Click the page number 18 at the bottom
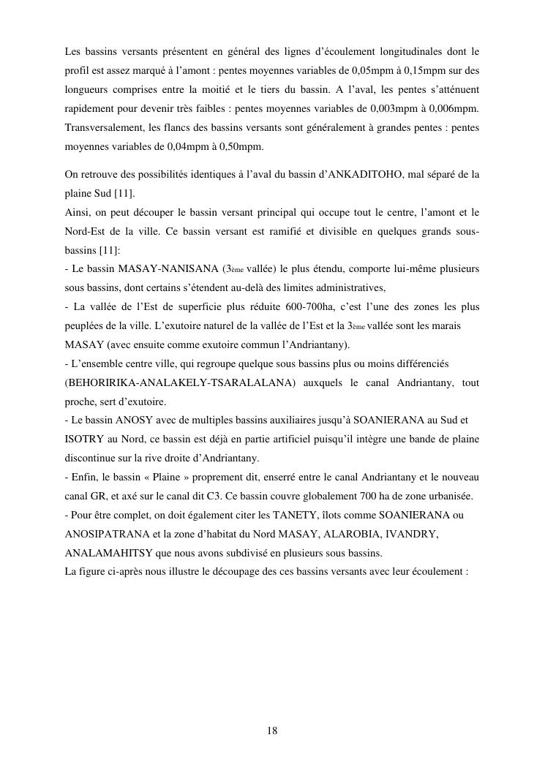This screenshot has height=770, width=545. pos(272,731)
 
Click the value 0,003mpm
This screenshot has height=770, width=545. pos(394,109)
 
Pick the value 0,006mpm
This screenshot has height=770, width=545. pos(454,109)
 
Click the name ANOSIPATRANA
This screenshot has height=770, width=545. pos(103,534)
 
